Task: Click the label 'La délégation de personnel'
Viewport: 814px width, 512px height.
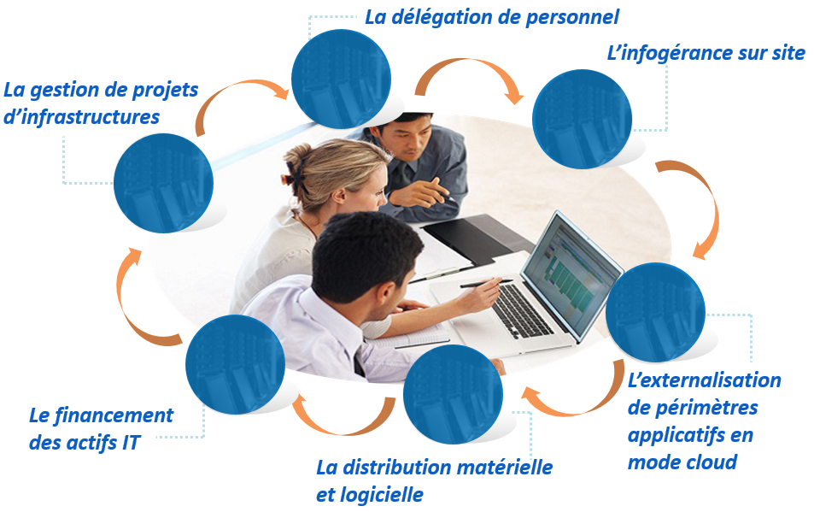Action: click(x=492, y=18)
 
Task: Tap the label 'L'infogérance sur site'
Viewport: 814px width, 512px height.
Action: click(x=706, y=54)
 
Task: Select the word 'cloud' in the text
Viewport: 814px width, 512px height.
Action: click(x=710, y=462)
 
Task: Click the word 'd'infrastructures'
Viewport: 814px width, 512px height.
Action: click(x=81, y=117)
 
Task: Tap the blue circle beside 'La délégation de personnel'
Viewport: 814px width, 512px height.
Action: click(x=341, y=79)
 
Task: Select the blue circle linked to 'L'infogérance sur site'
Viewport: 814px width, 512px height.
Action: click(x=583, y=119)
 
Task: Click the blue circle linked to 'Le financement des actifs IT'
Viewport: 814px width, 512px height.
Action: click(x=235, y=364)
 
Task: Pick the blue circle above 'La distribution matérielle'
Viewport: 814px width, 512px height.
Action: click(x=454, y=394)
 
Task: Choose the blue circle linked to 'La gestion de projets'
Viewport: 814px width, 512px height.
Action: click(x=163, y=183)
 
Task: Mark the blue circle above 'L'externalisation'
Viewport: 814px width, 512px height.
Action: click(x=655, y=312)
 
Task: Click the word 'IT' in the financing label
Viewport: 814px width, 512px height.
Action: click(x=132, y=443)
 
